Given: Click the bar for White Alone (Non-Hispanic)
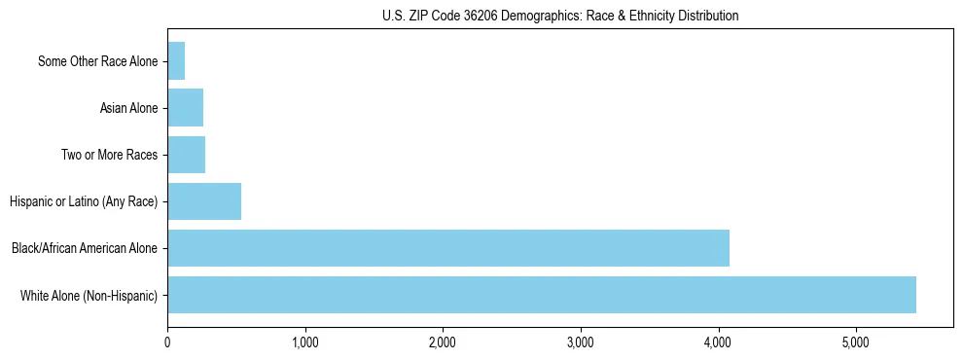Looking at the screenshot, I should [541, 295].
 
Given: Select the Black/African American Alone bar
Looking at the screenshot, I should [447, 248].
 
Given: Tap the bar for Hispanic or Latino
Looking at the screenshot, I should [204, 201].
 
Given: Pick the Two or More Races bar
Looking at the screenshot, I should [187, 155].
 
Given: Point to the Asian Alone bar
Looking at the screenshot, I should [186, 108].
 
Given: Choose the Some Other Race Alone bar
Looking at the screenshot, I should [176, 61].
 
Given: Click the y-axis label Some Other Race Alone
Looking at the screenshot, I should [97, 61].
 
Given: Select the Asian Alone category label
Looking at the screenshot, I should [128, 108].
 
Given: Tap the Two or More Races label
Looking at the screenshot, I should [109, 155].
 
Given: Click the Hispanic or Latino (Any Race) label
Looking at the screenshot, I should [84, 201].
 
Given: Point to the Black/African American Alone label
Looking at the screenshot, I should [85, 248].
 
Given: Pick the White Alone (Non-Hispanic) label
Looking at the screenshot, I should [89, 295].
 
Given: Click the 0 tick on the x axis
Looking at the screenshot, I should [167, 342].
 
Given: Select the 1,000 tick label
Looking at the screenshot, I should [305, 342].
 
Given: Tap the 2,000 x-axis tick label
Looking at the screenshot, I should [443, 342].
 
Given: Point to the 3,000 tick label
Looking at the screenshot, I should [581, 342].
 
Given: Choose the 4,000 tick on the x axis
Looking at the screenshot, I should [718, 342].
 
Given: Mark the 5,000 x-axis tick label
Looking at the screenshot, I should [856, 342].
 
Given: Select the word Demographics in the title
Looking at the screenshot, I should [525, 16].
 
